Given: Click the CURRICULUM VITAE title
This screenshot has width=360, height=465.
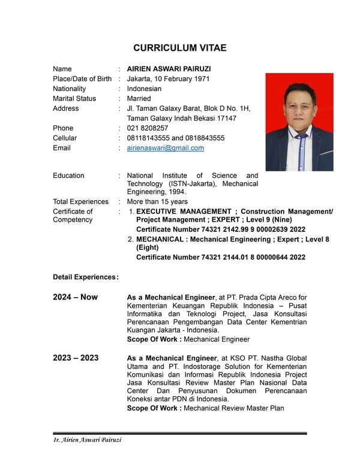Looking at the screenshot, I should (x=179, y=48).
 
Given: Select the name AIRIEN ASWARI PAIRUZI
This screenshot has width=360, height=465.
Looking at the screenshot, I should (x=169, y=69).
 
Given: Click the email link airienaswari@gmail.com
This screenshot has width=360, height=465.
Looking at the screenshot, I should (x=165, y=148).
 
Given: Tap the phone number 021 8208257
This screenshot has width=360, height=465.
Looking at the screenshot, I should (x=147, y=128).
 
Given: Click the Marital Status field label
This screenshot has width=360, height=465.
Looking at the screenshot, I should (x=74, y=99).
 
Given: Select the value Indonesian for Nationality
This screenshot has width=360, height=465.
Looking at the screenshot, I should (x=144, y=89).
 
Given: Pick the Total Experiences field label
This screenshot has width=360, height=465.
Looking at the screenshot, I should (x=80, y=202).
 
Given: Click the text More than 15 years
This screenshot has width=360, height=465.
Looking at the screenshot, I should (x=157, y=202).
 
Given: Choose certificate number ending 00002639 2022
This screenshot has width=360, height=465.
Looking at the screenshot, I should (x=221, y=230).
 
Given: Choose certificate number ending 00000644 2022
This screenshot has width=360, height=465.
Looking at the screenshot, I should (x=221, y=257).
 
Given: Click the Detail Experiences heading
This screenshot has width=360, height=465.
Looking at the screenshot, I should (x=85, y=277).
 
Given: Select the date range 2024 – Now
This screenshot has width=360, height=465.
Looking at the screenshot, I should (x=75, y=297).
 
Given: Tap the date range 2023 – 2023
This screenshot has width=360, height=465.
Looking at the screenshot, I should (x=76, y=358).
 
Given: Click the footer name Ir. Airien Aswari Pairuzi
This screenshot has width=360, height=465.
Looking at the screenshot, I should (x=88, y=440).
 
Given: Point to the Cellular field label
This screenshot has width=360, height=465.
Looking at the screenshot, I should (x=65, y=138).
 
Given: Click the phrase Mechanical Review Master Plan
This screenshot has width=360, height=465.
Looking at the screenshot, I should (x=233, y=408).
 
